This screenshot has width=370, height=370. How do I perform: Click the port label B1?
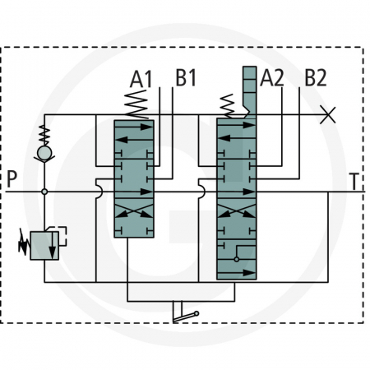pos(187,79)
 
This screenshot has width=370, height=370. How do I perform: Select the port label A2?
pos(273,79)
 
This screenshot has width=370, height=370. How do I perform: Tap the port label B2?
pos(316,79)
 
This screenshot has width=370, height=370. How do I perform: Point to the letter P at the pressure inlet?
pos(11,180)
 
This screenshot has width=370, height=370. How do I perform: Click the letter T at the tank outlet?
pos(354,180)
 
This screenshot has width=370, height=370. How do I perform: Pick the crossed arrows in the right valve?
pos(238,210)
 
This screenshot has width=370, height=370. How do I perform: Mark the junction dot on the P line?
pos(44,192)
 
